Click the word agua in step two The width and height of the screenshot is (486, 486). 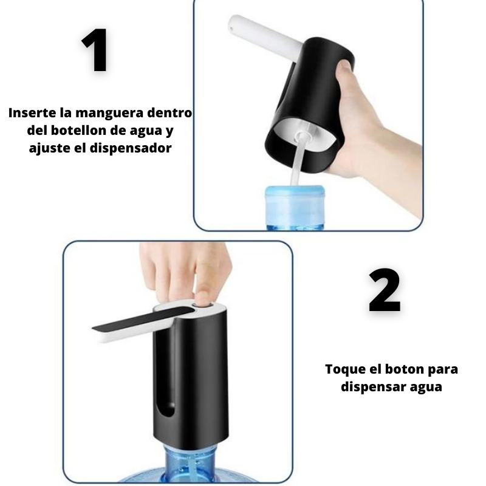coord(426,387)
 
